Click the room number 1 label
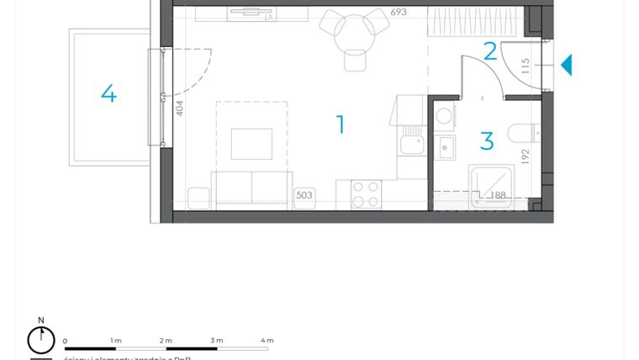[341, 125]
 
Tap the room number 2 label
[490, 52]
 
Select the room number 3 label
[487, 140]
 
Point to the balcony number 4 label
[108, 93]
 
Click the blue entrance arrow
[566, 65]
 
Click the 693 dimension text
[400, 13]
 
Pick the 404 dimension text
[179, 108]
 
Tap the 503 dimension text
[304, 195]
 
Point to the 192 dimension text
[525, 156]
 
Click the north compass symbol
[40, 338]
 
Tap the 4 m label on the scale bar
[267, 340]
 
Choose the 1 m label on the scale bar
[116, 340]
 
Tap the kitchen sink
[413, 144]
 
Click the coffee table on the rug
[251, 144]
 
